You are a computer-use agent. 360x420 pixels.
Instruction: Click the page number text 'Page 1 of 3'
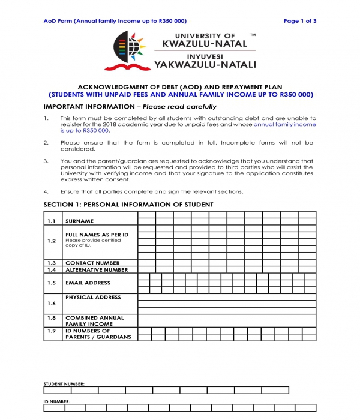(300, 21)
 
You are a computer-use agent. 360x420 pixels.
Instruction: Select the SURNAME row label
(80, 221)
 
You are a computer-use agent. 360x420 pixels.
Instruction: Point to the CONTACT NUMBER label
(92, 263)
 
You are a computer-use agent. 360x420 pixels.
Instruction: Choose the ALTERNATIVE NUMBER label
(96, 270)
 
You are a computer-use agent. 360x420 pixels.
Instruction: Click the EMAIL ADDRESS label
(88, 283)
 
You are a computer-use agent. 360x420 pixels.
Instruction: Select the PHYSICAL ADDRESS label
(93, 297)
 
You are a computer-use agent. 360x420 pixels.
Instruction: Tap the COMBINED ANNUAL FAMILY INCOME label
(94, 321)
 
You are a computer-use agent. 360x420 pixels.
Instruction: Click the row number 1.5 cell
(52, 283)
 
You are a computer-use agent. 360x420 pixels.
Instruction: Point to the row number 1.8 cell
(52, 318)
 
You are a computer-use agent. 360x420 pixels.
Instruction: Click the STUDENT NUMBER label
(64, 383)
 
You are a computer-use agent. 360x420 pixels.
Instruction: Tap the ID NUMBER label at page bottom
(58, 401)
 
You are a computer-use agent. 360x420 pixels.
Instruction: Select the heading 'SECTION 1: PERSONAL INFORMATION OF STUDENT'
(128, 205)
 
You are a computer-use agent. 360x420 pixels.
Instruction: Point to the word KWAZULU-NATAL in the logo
(199, 44)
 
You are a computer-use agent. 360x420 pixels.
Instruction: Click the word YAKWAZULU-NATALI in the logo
(205, 64)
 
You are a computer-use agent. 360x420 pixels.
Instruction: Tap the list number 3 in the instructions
(46, 161)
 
